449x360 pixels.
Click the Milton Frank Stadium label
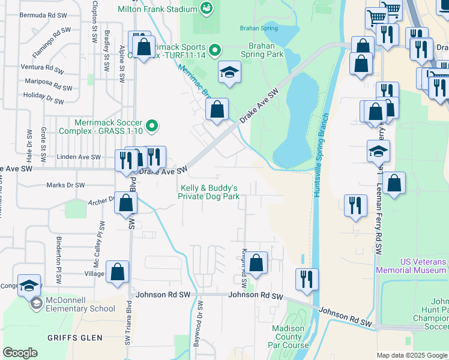(157, 9)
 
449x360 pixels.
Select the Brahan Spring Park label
(262, 50)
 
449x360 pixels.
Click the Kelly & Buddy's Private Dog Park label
(210, 192)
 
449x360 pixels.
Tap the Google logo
(20, 353)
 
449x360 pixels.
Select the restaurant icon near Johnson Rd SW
(306, 280)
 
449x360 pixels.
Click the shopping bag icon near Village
(118, 272)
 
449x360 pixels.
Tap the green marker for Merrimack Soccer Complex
(152, 126)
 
